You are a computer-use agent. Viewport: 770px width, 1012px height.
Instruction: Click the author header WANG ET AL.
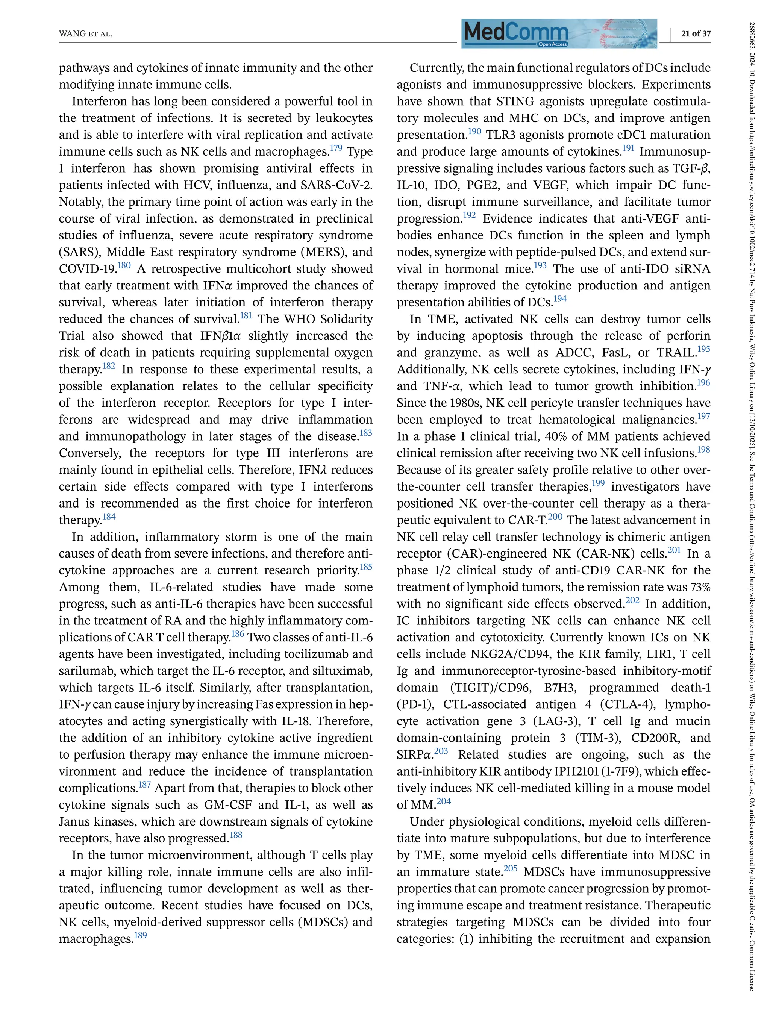pos(86,34)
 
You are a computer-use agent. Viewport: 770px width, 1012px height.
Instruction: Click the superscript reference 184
pos(109,517)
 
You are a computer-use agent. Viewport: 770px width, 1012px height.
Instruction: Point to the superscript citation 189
pos(141,935)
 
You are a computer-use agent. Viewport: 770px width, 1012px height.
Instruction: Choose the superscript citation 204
pos(444,801)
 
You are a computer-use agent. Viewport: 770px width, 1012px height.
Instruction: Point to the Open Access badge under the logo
pos(553,44)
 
